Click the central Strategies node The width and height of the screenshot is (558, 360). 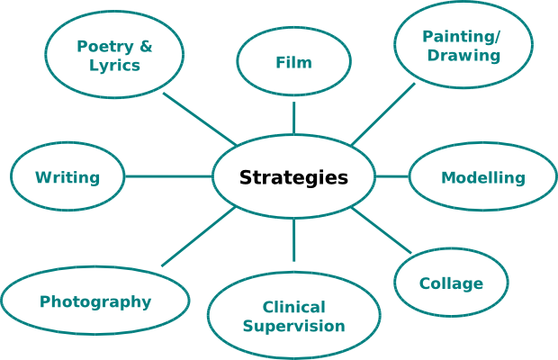(293, 176)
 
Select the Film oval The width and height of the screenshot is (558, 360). (293, 62)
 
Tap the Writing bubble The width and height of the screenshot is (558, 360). (67, 177)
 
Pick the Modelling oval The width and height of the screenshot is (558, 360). (482, 177)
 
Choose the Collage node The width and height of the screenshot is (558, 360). (451, 283)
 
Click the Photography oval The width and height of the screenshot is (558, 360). (94, 301)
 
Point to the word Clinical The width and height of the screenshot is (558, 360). (293, 307)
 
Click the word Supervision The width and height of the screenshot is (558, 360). (293, 326)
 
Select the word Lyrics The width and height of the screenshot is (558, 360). (114, 66)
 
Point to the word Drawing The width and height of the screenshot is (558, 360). (463, 56)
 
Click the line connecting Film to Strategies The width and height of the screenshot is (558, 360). (293, 117)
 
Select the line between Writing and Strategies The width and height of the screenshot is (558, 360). (169, 176)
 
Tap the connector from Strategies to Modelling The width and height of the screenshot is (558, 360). (391, 176)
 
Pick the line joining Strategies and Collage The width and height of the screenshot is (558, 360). (382, 230)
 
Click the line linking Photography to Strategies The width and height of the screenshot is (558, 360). (198, 237)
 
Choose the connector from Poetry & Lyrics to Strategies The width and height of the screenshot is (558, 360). (200, 119)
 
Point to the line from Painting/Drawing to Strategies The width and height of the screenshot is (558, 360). (382, 114)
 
